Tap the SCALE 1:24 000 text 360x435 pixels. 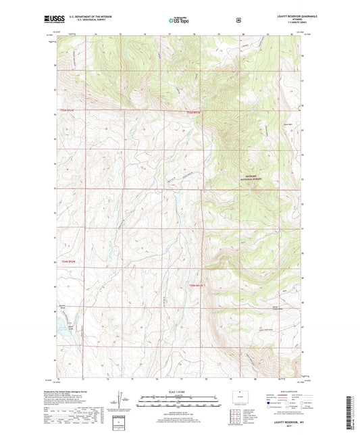coord(179,390)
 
